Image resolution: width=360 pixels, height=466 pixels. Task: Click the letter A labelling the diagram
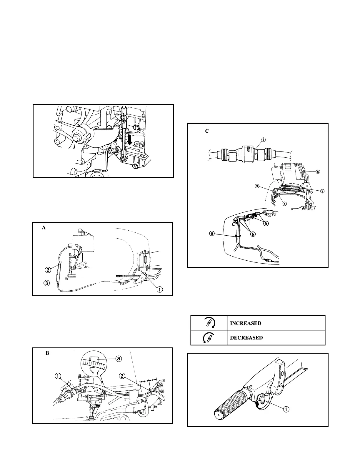click(44, 227)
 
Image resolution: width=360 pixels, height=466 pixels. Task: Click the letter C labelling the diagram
click(207, 131)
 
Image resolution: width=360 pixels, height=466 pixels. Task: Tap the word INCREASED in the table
click(245, 323)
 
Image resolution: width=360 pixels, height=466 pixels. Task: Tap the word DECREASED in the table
click(246, 338)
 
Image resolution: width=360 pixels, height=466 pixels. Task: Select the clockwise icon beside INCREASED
click(209, 323)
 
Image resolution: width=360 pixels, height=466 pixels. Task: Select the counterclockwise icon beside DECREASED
click(209, 338)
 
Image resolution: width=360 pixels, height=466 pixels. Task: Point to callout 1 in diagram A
click(159, 289)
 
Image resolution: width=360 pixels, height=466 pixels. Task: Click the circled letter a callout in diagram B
click(118, 359)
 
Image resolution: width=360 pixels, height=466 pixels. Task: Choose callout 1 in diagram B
click(58, 376)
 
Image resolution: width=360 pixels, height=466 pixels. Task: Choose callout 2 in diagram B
click(123, 375)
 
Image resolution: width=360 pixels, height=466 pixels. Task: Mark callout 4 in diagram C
click(284, 203)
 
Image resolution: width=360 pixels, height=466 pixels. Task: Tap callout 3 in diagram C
click(257, 186)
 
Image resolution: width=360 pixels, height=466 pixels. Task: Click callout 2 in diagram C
click(322, 191)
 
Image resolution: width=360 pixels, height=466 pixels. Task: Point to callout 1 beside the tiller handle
click(286, 409)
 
